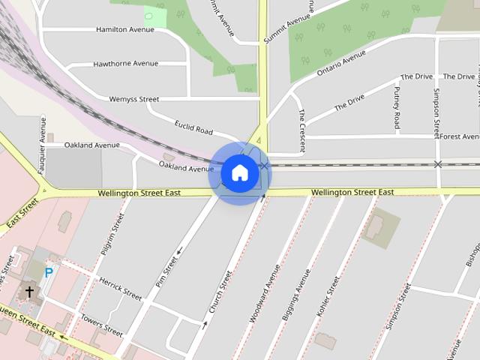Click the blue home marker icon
click(x=239, y=173)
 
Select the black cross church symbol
click(x=30, y=291)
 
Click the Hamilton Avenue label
click(x=125, y=29)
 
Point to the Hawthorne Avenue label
click(x=126, y=64)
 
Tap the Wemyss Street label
click(x=134, y=99)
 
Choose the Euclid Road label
click(x=193, y=127)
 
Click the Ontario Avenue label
click(x=341, y=64)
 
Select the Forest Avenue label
click(x=459, y=136)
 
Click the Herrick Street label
click(x=121, y=287)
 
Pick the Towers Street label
click(x=101, y=324)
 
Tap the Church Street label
click(x=217, y=292)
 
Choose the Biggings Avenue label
click(x=295, y=295)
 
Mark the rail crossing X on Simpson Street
click(x=437, y=164)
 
